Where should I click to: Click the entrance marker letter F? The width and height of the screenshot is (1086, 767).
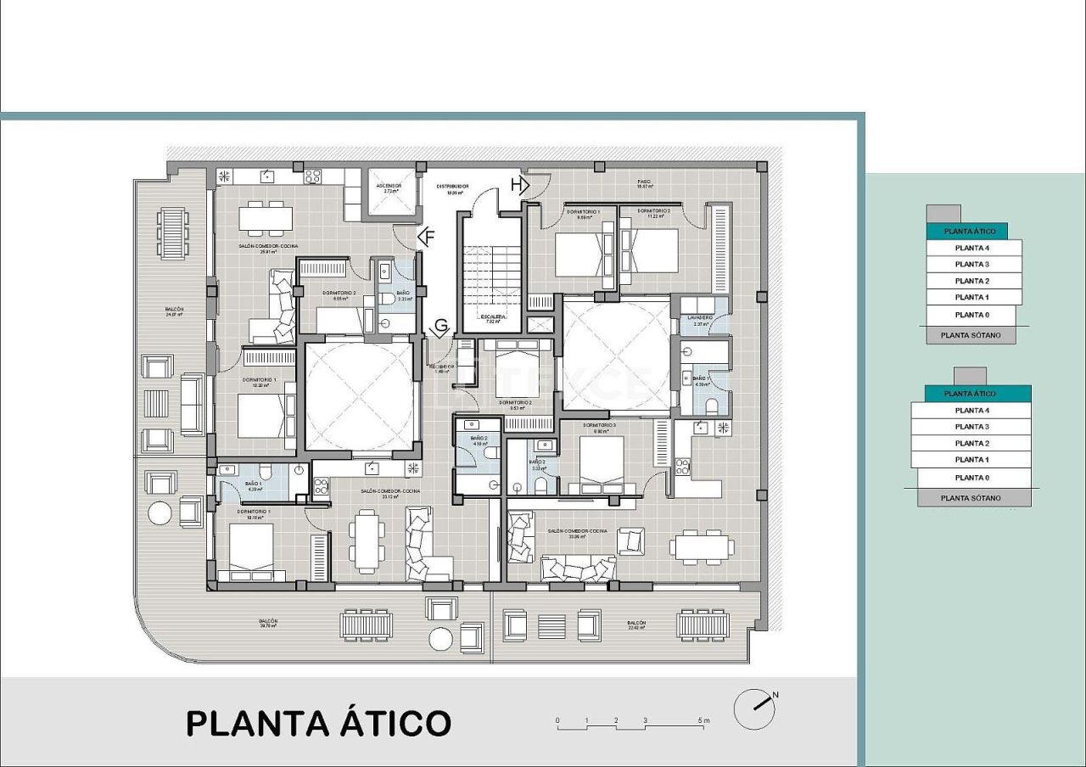[x=428, y=238]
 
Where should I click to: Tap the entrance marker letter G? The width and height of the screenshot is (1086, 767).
[x=441, y=327]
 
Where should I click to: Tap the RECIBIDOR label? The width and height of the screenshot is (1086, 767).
[x=441, y=368]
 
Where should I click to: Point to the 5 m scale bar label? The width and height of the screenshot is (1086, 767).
[x=703, y=721]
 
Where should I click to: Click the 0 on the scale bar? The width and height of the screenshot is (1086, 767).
[x=557, y=721]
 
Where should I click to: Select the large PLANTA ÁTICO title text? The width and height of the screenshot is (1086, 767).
[x=318, y=724]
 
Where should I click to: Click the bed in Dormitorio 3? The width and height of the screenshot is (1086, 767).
[x=602, y=465]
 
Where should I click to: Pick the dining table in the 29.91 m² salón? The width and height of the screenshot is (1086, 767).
[x=266, y=218]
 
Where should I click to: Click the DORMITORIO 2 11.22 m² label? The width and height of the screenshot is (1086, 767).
[x=653, y=213]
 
